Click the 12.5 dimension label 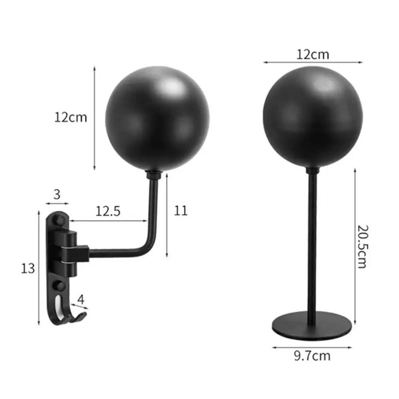pos(108,211)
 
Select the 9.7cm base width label pos(312,356)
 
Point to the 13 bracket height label pos(28,268)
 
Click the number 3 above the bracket pos(57,195)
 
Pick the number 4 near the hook pos(81,299)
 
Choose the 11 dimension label pos(181,211)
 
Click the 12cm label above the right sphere pos(313,54)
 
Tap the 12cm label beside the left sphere pos(71,117)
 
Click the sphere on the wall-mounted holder pos(158,119)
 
